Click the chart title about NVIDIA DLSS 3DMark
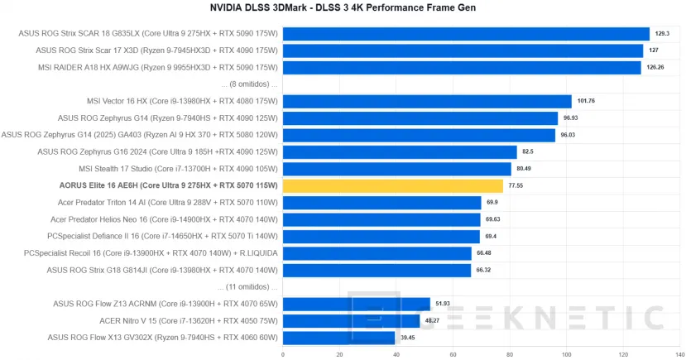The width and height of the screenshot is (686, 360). pos(342,7)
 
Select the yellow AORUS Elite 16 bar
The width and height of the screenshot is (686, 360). pos(392,185)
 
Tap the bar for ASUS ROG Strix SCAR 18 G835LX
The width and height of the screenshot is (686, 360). pos(466,34)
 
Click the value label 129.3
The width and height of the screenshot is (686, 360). pos(661,34)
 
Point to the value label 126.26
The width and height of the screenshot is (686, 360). pos(655,68)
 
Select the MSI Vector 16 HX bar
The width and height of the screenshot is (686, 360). pos(427,102)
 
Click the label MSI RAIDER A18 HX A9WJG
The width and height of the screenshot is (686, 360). pos(156,68)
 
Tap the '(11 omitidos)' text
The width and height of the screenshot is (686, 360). pos(250,286)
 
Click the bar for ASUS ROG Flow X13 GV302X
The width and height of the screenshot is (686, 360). pos(338,337)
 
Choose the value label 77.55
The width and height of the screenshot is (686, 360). pos(516,185)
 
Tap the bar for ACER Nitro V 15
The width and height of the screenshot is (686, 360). pos(351,320)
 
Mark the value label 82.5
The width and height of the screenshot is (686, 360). pos(528,152)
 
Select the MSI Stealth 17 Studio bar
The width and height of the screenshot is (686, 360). pos(396,169)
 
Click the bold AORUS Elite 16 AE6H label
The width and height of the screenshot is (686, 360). pos(169,185)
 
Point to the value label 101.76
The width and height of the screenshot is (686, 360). pos(586,102)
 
